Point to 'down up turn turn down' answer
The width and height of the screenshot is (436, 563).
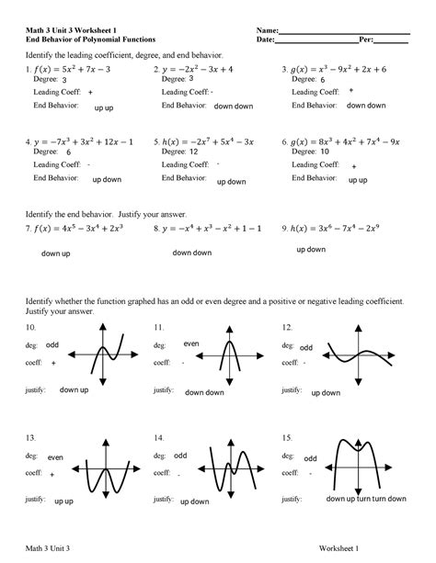[365, 499]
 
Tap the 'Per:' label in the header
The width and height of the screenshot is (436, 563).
[366, 40]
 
